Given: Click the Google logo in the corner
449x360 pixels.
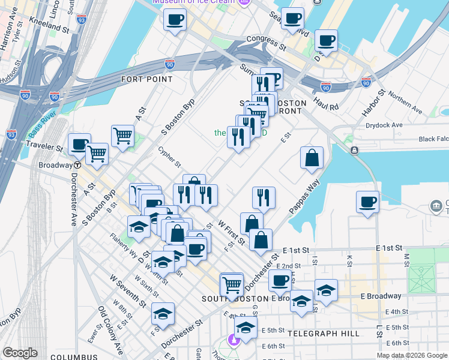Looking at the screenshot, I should point(20,353).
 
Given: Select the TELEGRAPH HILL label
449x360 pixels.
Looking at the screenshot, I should point(324,333).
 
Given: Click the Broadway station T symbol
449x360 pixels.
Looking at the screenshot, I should point(77,165).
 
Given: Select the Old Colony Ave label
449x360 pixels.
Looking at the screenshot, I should point(111,329).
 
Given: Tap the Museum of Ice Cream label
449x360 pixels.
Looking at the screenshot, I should point(194,2).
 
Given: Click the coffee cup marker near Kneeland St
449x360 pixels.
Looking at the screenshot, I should point(175,19).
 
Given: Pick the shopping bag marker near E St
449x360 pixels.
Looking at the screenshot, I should point(312,158).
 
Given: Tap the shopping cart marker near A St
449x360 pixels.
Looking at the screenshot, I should point(123,135).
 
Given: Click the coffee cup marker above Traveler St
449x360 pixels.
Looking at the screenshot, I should point(79,143).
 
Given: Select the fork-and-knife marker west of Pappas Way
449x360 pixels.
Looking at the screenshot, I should point(264,197).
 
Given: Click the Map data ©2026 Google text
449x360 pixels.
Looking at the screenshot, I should point(411,355).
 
